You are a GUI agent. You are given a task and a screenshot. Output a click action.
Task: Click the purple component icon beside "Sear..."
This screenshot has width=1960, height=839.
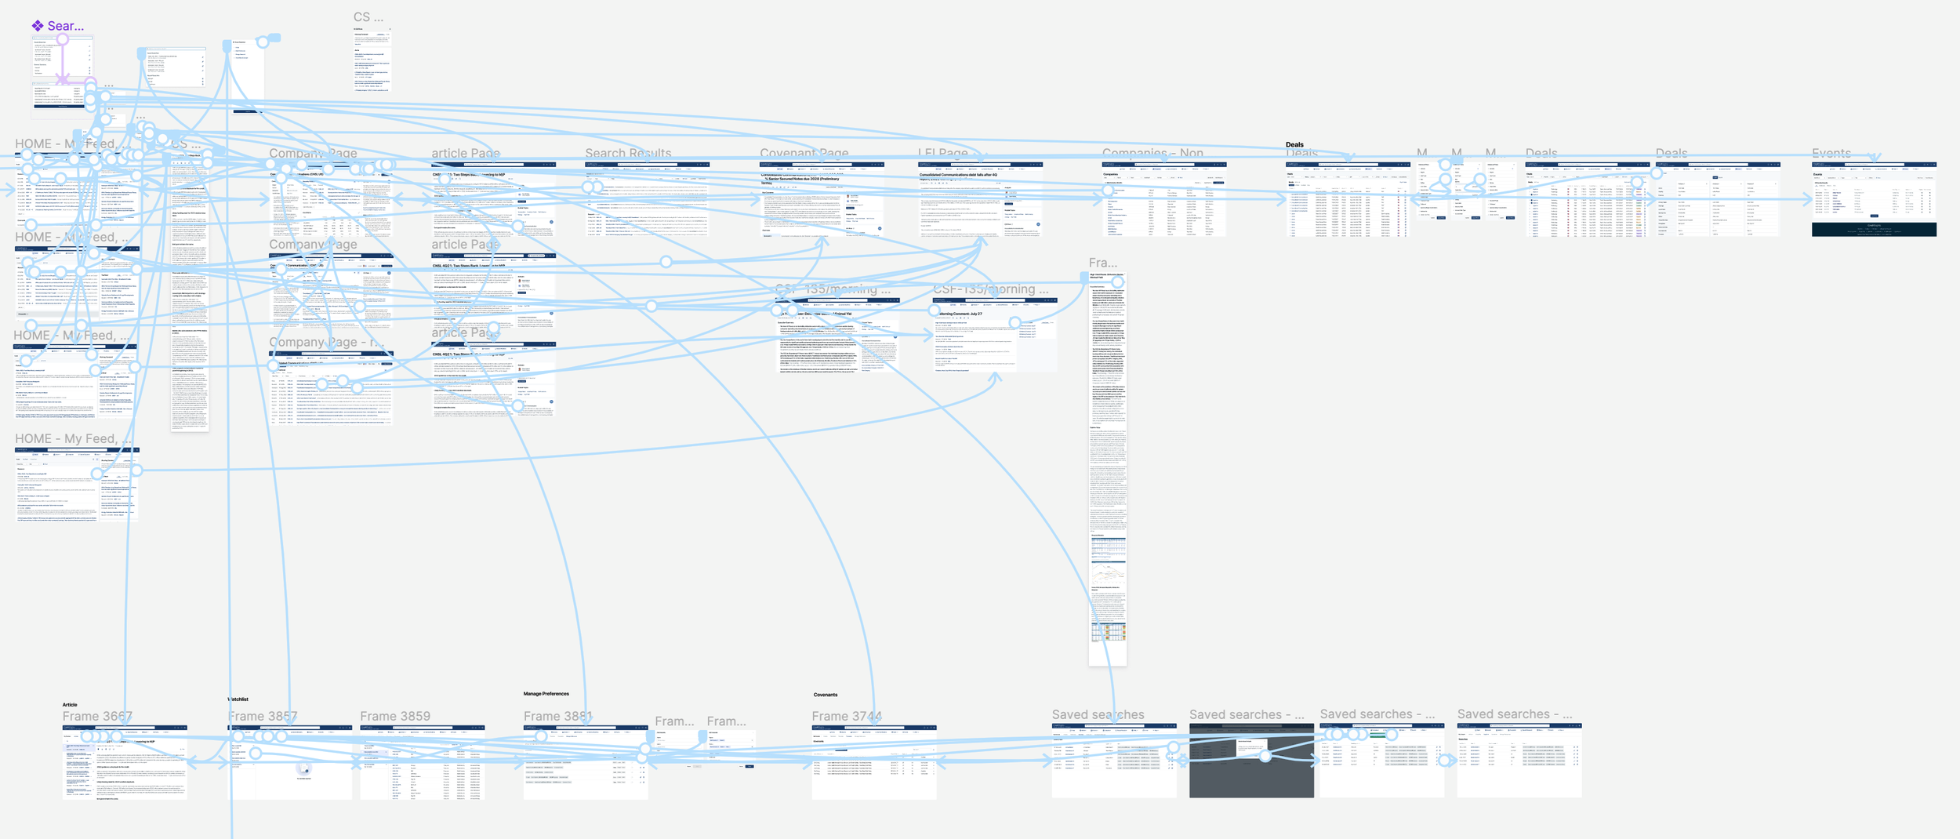(x=38, y=26)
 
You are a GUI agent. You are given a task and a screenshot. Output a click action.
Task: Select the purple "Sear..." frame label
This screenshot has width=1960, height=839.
(x=66, y=26)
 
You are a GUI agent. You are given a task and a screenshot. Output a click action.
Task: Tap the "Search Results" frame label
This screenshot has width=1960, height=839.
(x=628, y=153)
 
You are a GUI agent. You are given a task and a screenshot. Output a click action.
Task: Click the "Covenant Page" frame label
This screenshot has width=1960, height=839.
(x=804, y=153)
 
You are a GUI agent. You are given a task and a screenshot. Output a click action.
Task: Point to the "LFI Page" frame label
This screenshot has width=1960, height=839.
(x=942, y=153)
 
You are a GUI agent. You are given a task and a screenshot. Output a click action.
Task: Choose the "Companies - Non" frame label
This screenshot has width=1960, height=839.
(x=1152, y=153)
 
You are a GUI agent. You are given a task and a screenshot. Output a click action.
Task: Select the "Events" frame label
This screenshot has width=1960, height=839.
(x=1831, y=153)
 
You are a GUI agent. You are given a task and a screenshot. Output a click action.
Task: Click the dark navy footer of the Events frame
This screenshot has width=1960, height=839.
(x=1874, y=229)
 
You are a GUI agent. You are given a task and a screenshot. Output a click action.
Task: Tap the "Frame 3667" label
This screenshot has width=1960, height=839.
(x=97, y=716)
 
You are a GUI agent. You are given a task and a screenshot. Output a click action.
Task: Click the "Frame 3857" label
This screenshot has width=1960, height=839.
(x=263, y=716)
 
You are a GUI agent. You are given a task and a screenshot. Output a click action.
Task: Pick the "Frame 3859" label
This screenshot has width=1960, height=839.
(x=395, y=716)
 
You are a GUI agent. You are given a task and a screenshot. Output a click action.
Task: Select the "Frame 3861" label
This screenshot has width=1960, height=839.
(x=558, y=716)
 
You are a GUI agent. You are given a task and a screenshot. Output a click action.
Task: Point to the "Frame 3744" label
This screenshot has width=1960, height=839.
(x=847, y=716)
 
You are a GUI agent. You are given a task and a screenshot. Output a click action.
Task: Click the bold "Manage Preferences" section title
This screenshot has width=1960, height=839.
(x=546, y=694)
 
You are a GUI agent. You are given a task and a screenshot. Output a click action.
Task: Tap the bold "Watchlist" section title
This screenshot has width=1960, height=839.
(x=238, y=699)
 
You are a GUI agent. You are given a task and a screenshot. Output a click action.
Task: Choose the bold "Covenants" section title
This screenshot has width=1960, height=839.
(x=825, y=695)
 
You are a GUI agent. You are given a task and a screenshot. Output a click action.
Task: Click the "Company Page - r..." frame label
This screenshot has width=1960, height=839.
(x=327, y=342)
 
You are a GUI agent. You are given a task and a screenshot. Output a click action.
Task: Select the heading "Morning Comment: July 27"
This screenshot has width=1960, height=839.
(x=960, y=314)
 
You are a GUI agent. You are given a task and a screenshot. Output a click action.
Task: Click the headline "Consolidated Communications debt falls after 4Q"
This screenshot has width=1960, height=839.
(x=958, y=175)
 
